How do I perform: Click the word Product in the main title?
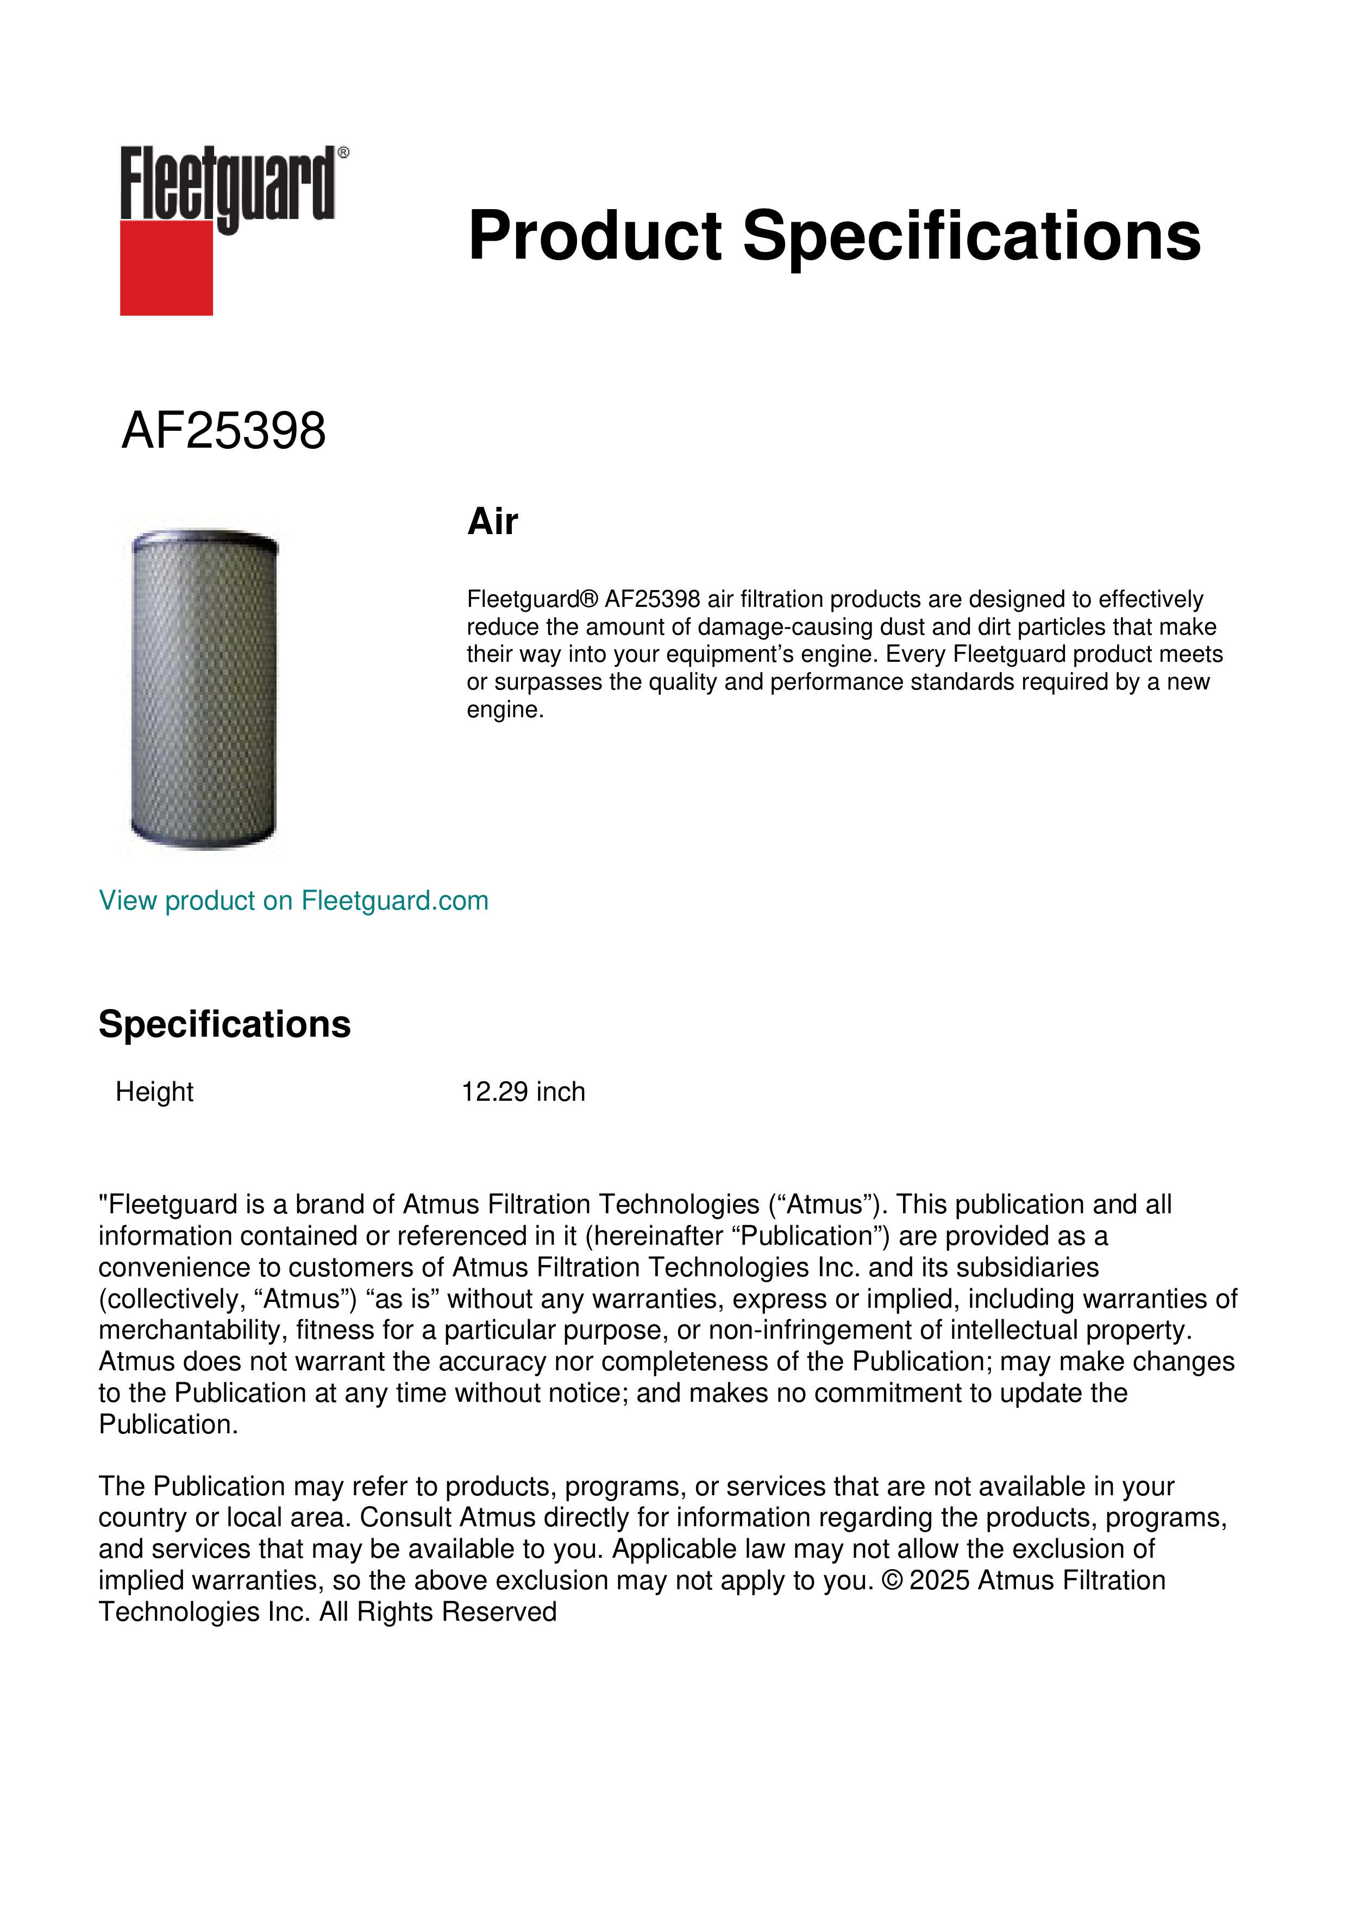(595, 236)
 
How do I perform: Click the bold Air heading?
(492, 522)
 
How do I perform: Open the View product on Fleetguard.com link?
(293, 901)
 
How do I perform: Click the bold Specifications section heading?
(224, 1024)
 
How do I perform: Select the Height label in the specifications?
(154, 1092)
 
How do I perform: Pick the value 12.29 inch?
(523, 1092)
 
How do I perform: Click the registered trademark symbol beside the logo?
(343, 153)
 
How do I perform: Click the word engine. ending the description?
(505, 710)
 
